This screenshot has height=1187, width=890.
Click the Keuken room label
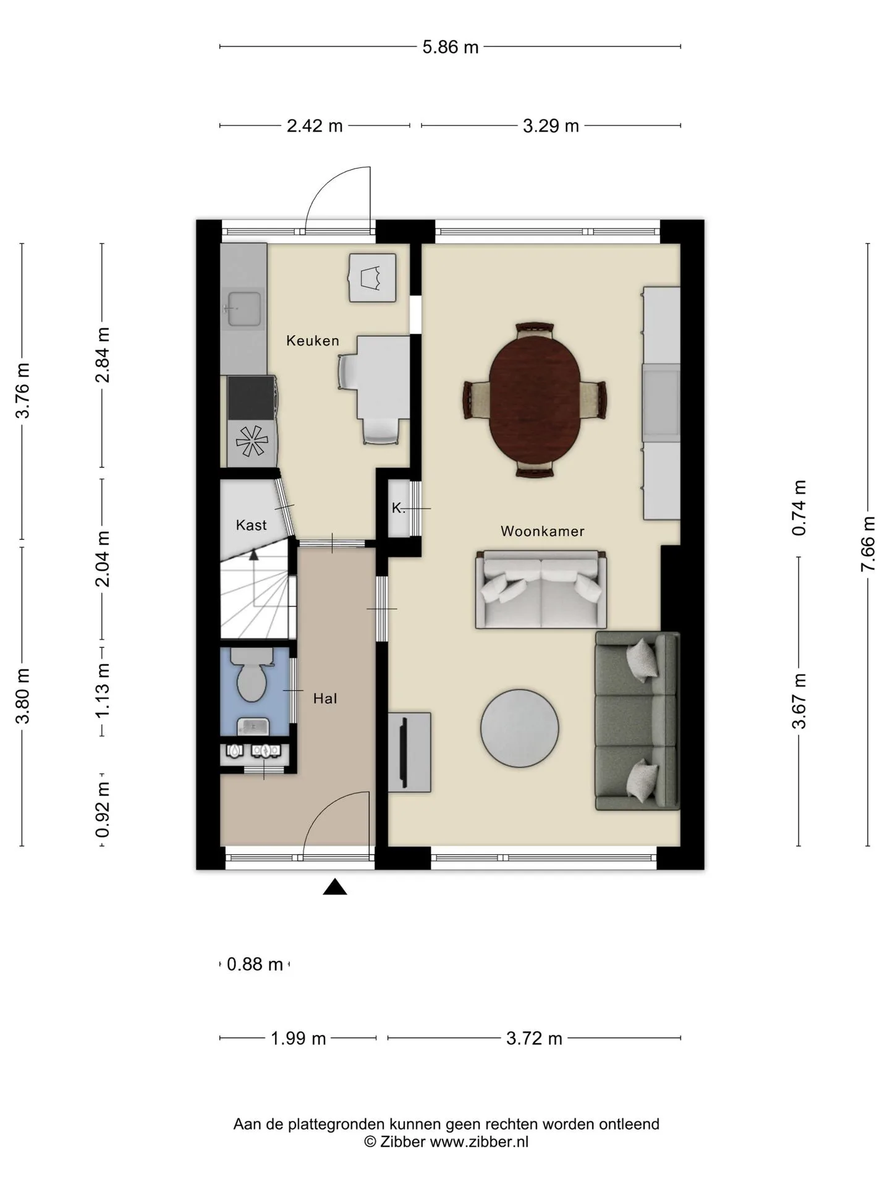point(312,341)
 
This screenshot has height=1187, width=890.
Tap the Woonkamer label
point(542,531)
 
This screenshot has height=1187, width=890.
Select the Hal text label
point(325,699)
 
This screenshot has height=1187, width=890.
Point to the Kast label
point(251,525)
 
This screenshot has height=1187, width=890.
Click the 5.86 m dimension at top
point(451,47)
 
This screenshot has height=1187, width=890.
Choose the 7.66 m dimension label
point(868,544)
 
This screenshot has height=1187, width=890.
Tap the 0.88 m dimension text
point(255,964)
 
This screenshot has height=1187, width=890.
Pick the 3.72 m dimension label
point(534,1038)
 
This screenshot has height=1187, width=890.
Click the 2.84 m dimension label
point(103,355)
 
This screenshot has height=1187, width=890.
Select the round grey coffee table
point(520,728)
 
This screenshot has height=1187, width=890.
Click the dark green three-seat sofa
point(637,721)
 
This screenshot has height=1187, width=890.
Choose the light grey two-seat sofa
point(541,590)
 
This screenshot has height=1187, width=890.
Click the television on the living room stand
point(404,752)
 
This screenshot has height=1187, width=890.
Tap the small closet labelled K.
point(399,509)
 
